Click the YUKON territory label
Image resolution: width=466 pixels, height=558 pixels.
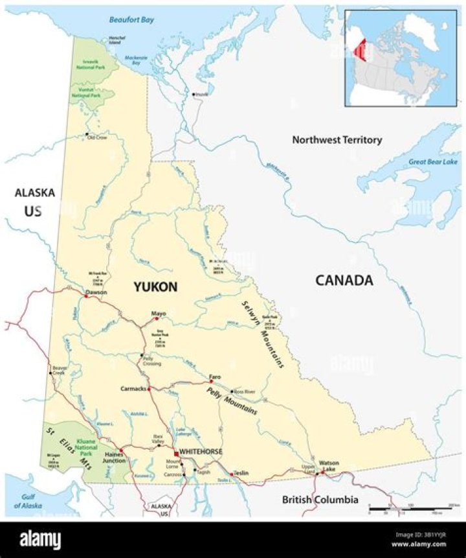(155, 286)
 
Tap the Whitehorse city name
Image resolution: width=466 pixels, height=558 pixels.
(201, 451)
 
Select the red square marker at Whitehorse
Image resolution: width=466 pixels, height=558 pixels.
(175, 452)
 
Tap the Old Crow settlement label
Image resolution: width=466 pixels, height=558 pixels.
(97, 138)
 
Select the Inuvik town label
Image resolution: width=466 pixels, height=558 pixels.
(201, 95)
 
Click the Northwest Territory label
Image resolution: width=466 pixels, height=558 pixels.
(337, 139)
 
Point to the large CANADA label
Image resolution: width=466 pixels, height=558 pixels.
(344, 280)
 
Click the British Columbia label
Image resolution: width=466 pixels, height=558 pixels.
(320, 500)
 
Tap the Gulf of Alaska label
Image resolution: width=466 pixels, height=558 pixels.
(28, 502)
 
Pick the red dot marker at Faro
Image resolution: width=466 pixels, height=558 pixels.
(211, 381)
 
